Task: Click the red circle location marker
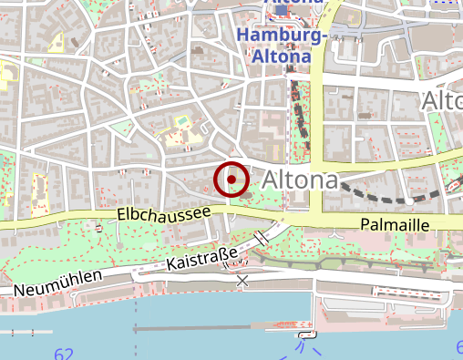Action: [231, 179]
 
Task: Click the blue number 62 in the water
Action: [63, 354]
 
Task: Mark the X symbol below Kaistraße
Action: [242, 281]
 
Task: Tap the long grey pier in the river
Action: [210, 327]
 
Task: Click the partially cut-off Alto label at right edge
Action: [443, 100]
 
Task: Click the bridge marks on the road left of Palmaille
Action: [262, 238]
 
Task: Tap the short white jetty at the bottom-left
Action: [24, 331]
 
